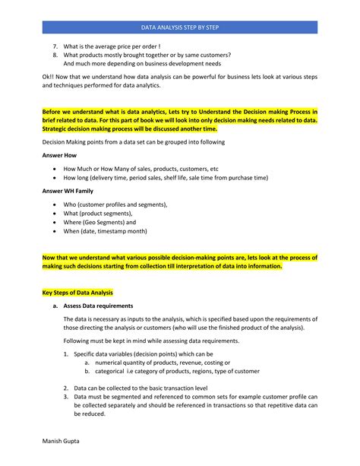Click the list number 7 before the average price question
point(55,47)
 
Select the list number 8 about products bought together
point(55,56)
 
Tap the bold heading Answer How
point(59,155)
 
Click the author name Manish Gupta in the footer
point(61,440)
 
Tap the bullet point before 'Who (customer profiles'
point(55,204)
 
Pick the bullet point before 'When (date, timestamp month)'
point(55,231)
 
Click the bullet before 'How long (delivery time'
point(55,177)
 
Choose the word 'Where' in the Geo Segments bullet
point(74,222)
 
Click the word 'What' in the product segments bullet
point(73,214)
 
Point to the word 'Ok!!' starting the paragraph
point(49,79)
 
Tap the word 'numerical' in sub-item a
point(111,363)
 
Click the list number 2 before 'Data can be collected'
point(66,388)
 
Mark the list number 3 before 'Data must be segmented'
point(66,397)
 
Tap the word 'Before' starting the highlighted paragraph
point(55,112)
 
